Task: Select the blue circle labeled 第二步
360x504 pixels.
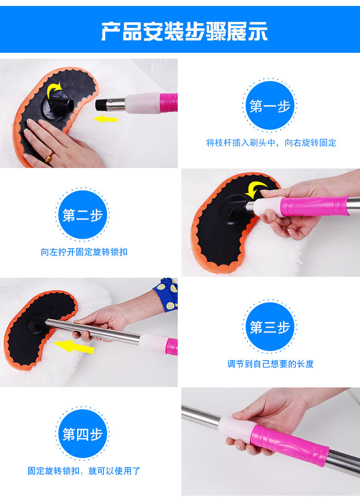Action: (82, 215)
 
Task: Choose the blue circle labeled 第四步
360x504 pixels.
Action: (82, 434)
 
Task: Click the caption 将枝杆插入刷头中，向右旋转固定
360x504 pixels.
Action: (271, 143)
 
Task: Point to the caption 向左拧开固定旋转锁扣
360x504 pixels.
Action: (84, 252)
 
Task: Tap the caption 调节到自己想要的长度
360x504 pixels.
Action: (270, 364)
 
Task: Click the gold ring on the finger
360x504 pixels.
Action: (48, 158)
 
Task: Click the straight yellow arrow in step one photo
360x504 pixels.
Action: (105, 119)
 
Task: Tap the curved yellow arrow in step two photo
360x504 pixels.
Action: (256, 188)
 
